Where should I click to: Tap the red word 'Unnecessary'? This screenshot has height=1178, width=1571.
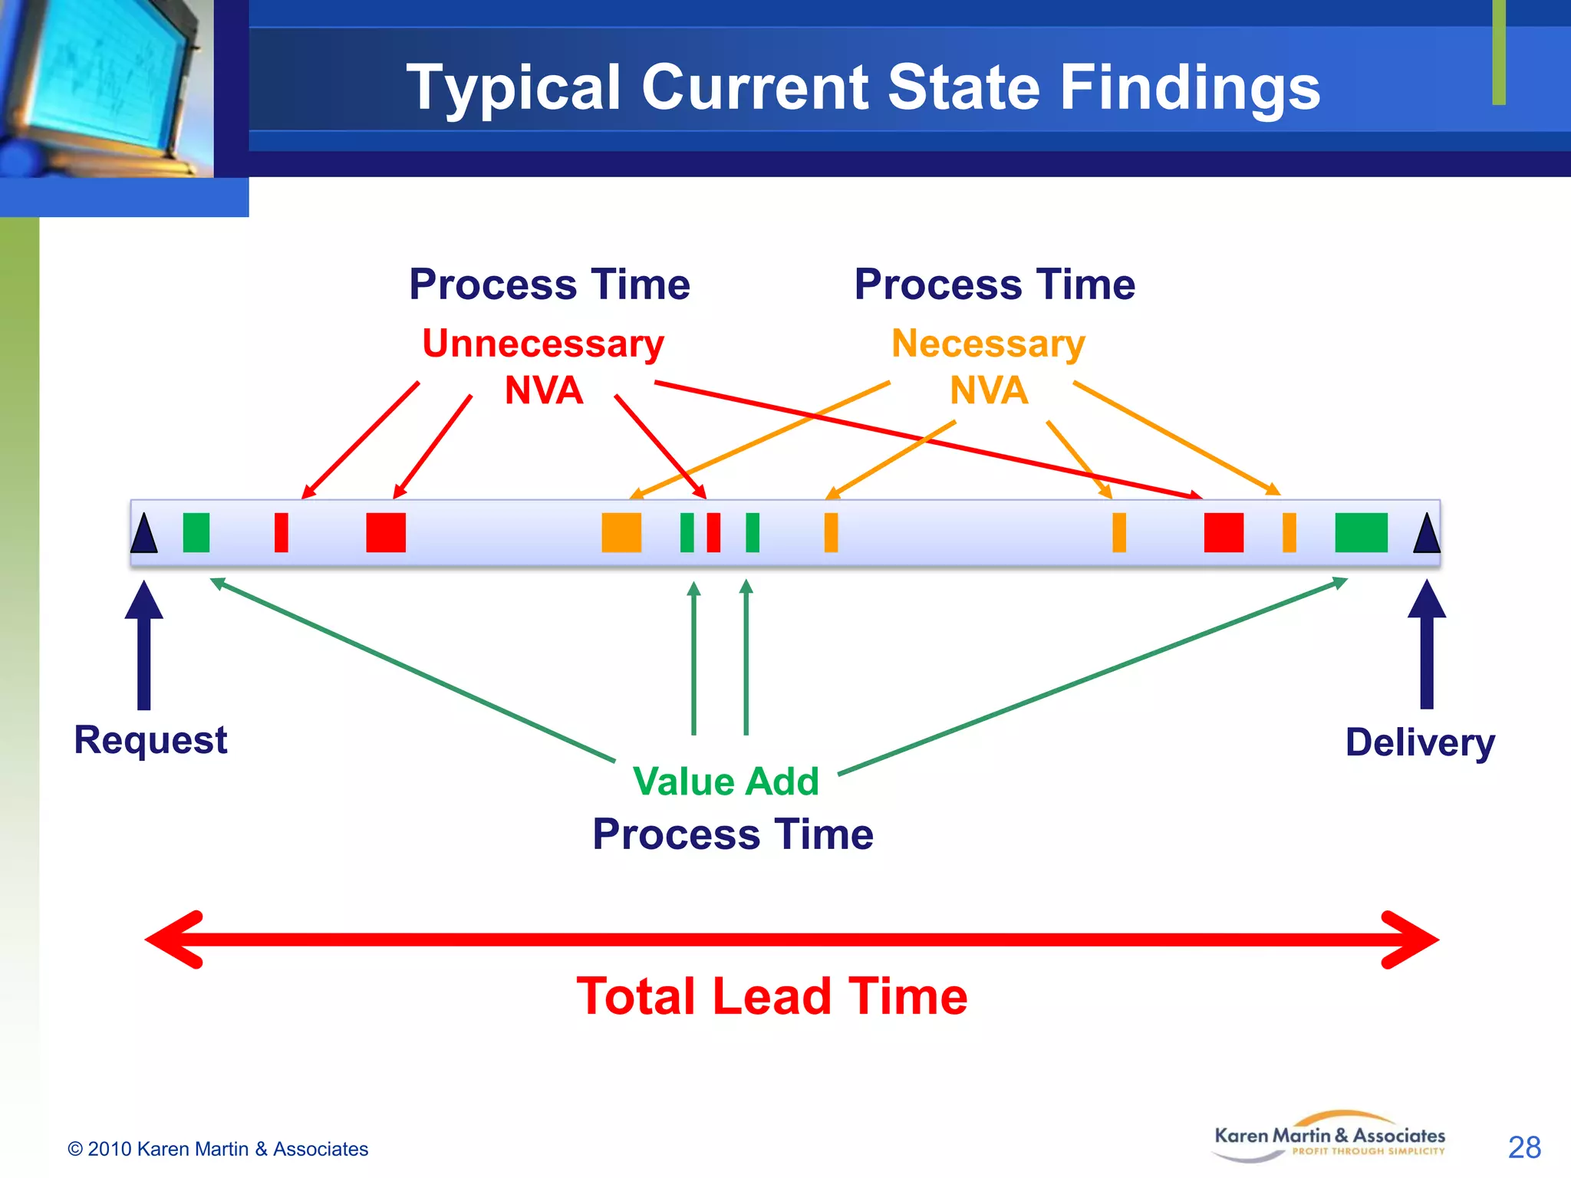(x=542, y=344)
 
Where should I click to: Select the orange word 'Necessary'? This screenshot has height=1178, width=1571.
(x=988, y=344)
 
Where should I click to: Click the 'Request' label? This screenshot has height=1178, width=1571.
(x=150, y=740)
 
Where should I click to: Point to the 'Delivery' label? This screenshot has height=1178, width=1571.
(x=1420, y=742)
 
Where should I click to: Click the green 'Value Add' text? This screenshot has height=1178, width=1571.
(x=726, y=781)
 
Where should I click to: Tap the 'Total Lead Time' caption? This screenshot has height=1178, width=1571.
(x=772, y=996)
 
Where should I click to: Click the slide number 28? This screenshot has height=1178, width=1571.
(x=1523, y=1147)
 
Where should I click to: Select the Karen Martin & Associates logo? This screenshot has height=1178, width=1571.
(x=1329, y=1137)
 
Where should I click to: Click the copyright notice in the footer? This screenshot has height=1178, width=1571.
(x=218, y=1149)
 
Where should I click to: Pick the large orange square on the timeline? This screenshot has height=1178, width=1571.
(x=621, y=532)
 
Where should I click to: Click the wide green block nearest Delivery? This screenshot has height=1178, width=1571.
(x=1361, y=532)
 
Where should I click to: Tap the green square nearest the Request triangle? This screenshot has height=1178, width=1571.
(x=196, y=532)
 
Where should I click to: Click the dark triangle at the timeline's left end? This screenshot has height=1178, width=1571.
(x=143, y=535)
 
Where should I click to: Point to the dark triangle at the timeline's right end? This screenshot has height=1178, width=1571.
(x=1427, y=535)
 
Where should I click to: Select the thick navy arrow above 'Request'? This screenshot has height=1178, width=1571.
(x=143, y=644)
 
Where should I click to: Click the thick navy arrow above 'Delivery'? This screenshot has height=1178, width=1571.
(x=1427, y=644)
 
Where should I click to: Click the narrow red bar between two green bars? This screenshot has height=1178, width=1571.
(x=713, y=532)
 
